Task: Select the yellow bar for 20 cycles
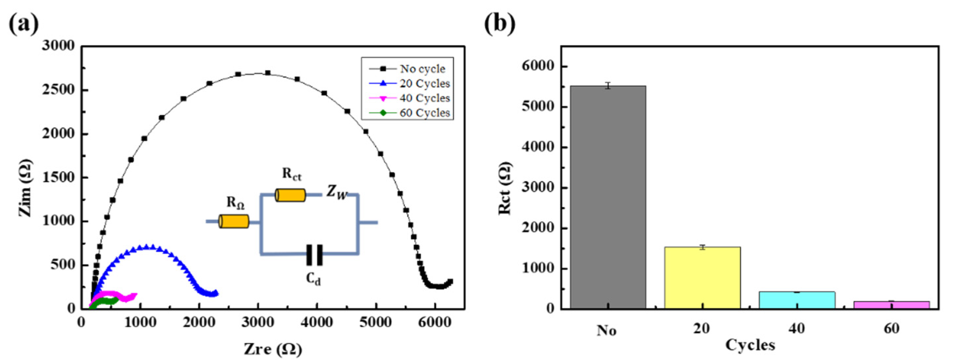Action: [702, 277]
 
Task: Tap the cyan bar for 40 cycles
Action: [797, 300]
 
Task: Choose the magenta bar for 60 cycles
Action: [892, 305]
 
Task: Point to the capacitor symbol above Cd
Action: [314, 255]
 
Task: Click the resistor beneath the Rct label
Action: [290, 195]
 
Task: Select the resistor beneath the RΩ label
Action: [234, 221]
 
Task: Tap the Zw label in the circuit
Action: [337, 192]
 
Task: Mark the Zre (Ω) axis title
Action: [273, 349]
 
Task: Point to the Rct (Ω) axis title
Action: [505, 188]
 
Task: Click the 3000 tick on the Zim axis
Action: [58, 46]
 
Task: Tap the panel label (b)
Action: [499, 24]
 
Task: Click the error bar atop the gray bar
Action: [608, 85]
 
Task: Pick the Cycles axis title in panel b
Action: [750, 345]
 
